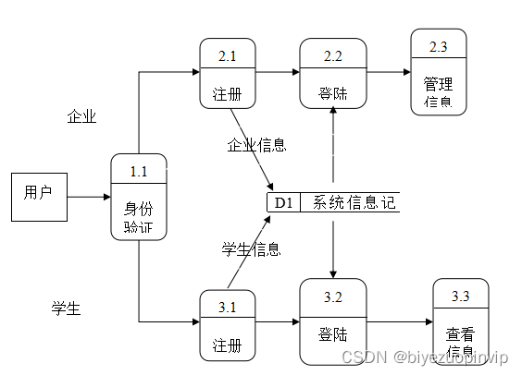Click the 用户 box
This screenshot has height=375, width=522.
(x=38, y=196)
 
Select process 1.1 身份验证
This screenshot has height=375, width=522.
(x=138, y=197)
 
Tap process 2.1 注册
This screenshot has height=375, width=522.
(x=228, y=75)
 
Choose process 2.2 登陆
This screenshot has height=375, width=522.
(x=333, y=75)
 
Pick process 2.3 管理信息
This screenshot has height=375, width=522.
(x=439, y=72)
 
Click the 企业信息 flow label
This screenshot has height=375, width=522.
(x=256, y=145)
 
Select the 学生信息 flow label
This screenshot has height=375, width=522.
(x=251, y=248)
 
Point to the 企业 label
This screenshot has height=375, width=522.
(x=81, y=116)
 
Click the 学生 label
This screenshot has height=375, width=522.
(x=66, y=308)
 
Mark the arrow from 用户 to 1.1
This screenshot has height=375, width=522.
(x=89, y=197)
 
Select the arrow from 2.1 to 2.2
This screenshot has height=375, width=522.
(x=277, y=71)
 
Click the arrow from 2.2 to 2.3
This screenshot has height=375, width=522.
(x=389, y=71)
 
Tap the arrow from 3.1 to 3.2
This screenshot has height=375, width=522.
(x=277, y=322)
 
